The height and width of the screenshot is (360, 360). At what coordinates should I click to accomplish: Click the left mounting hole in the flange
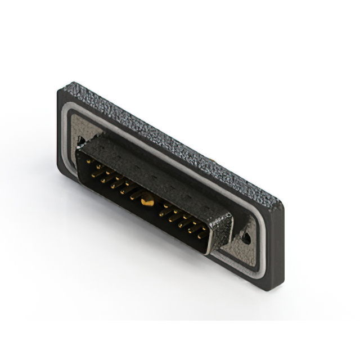(82, 141)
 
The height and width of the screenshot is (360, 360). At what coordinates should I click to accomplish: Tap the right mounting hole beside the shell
(245, 238)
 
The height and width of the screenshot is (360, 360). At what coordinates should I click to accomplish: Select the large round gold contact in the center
(147, 200)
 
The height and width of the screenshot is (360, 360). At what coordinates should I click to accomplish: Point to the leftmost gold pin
(89, 162)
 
